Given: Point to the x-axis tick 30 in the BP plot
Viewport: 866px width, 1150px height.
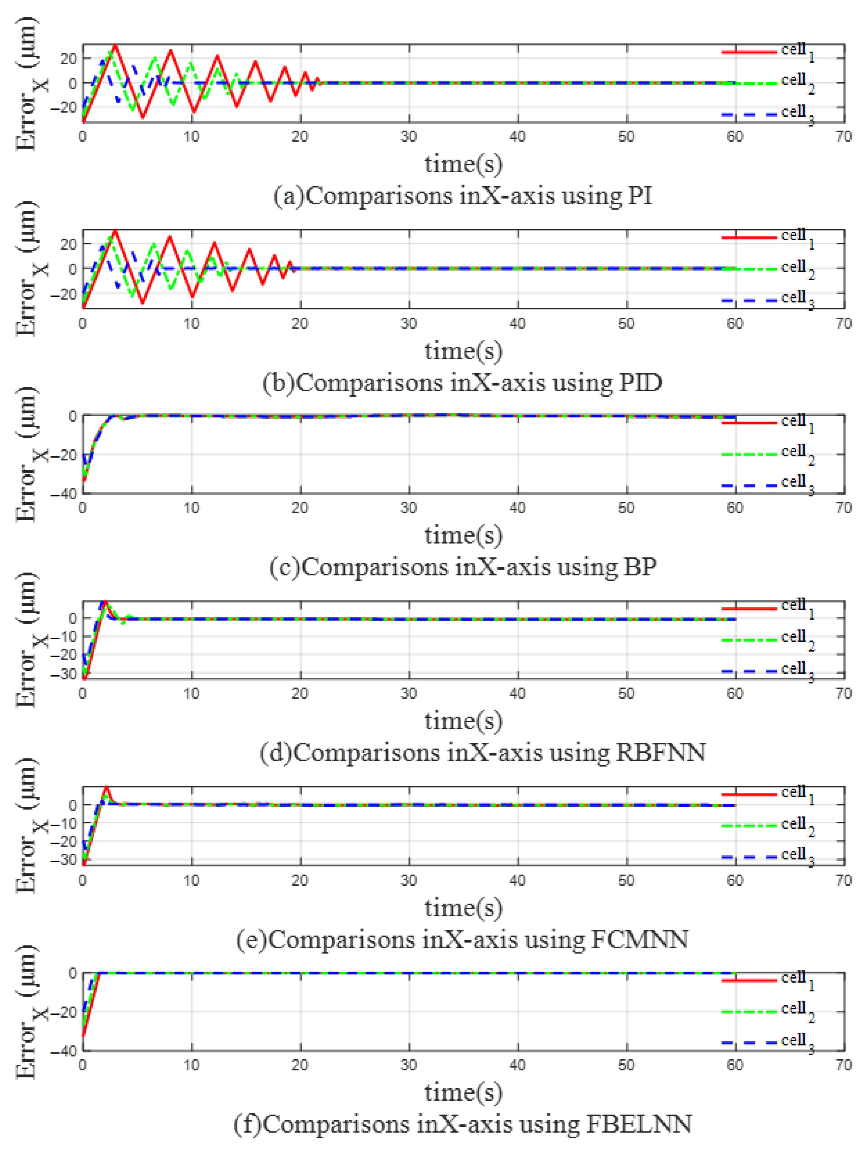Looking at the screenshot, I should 409,508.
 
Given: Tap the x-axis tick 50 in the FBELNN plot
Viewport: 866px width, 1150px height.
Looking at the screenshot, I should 626,1065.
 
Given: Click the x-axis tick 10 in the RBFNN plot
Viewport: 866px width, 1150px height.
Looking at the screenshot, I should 191,693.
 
